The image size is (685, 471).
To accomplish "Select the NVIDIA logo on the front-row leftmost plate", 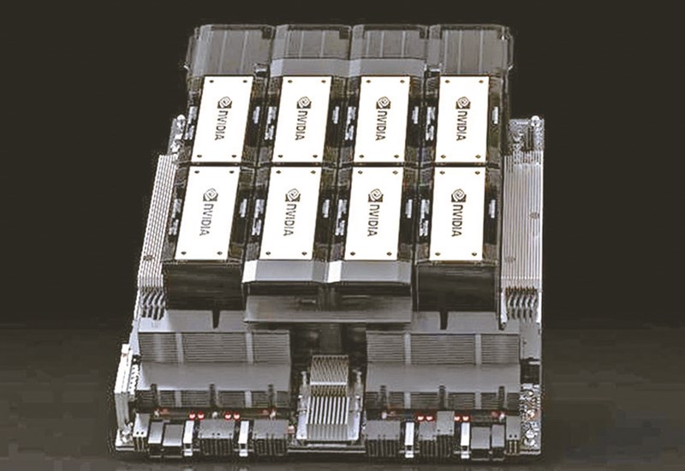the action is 210,212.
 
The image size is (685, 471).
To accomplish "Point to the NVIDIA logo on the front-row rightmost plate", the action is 458,212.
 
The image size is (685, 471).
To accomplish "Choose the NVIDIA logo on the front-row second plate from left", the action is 293,212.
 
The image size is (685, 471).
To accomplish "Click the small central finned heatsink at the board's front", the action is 329,396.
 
